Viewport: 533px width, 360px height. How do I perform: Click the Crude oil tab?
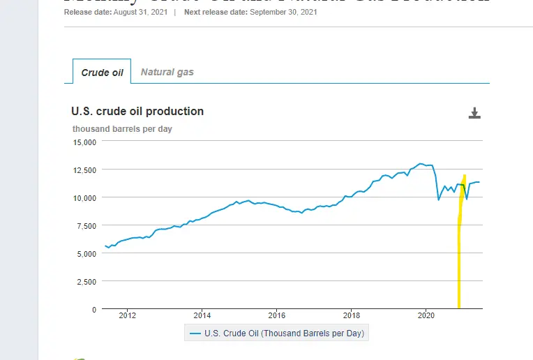coord(102,72)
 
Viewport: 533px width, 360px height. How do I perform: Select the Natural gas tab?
coord(167,72)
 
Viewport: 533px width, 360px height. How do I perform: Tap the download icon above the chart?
coord(474,114)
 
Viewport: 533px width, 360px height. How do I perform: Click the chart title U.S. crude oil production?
coord(137,111)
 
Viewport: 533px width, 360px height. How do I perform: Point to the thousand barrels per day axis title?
coord(122,128)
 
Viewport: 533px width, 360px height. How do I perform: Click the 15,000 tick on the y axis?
coord(84,142)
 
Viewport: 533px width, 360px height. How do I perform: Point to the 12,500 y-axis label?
coord(84,170)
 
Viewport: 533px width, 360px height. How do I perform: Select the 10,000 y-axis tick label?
coord(84,197)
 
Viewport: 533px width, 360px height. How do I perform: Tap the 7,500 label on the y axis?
coord(87,225)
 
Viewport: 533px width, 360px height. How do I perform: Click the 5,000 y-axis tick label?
coord(87,253)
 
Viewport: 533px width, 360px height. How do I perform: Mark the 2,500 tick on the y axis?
coord(87,281)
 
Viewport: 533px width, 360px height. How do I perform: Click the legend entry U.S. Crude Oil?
coord(277,333)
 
